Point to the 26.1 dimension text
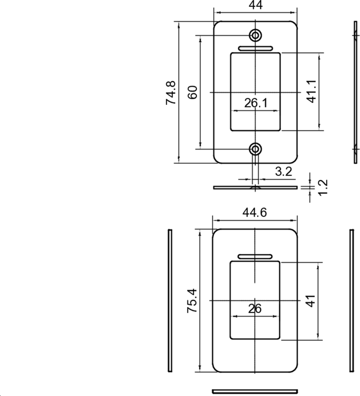[256, 103]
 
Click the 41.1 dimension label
[311, 92]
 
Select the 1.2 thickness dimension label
[323, 188]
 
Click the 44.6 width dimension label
[256, 212]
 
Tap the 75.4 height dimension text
[192, 300]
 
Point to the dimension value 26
[255, 309]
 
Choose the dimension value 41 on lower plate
[310, 301]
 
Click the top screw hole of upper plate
[256, 35]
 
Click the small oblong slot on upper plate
[255, 49]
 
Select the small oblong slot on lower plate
[255, 256]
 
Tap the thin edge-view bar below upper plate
[255, 188]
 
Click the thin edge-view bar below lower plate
[255, 392]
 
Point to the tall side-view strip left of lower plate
[170, 301]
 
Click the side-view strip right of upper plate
[355, 92]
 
